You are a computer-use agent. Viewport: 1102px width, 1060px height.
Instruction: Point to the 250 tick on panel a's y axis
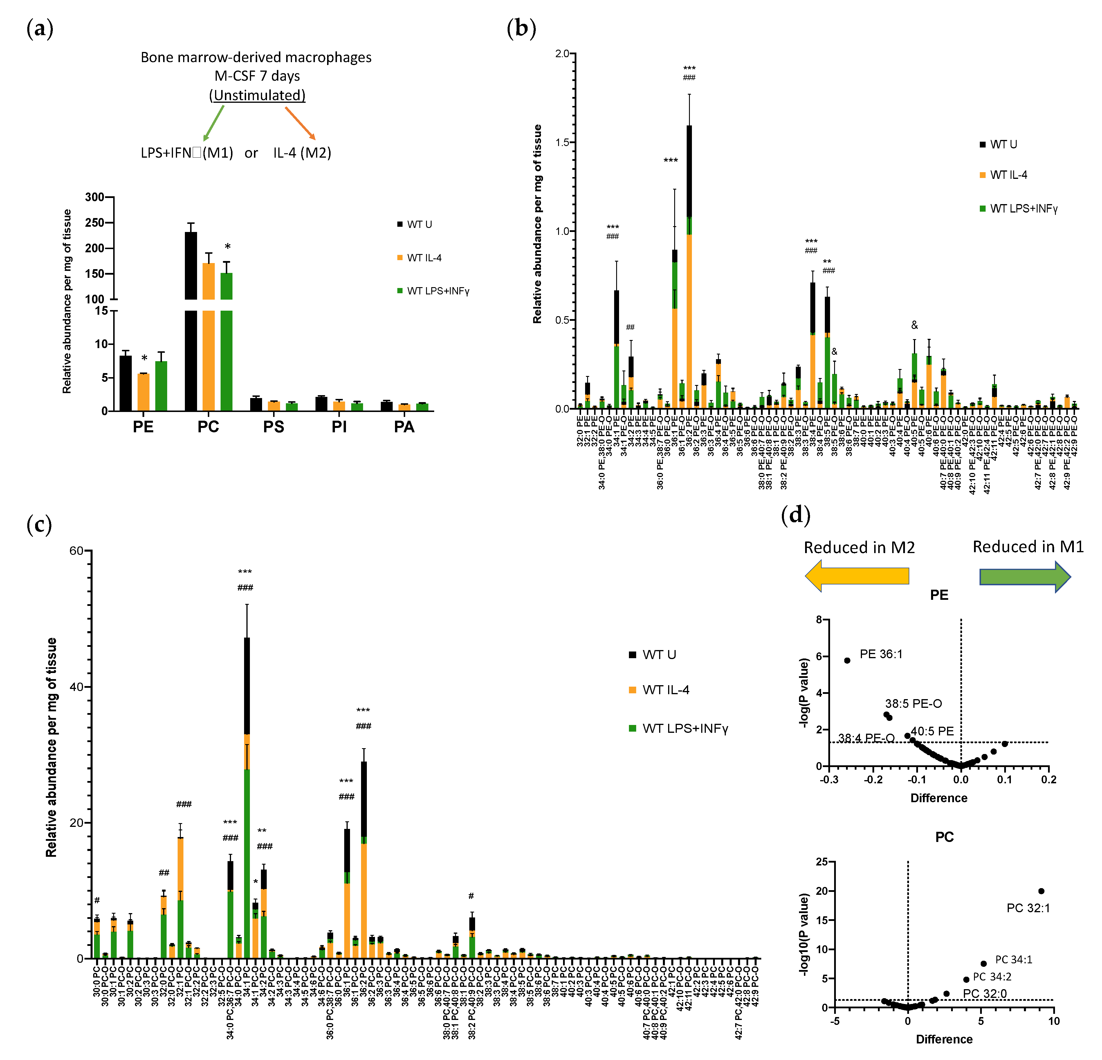coord(94,223)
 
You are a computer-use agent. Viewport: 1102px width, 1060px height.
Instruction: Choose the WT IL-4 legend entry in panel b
coord(1008,175)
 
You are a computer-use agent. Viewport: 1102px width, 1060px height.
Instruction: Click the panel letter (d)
coord(796,514)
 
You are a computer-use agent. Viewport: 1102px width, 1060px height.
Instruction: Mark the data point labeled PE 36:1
coord(847,660)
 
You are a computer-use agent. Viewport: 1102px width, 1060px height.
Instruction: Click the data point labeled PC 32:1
coord(1041,891)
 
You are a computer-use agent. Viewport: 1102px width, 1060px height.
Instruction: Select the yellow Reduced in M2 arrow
coord(857,576)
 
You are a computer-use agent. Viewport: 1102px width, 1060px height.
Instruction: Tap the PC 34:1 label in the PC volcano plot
coord(1014,959)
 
